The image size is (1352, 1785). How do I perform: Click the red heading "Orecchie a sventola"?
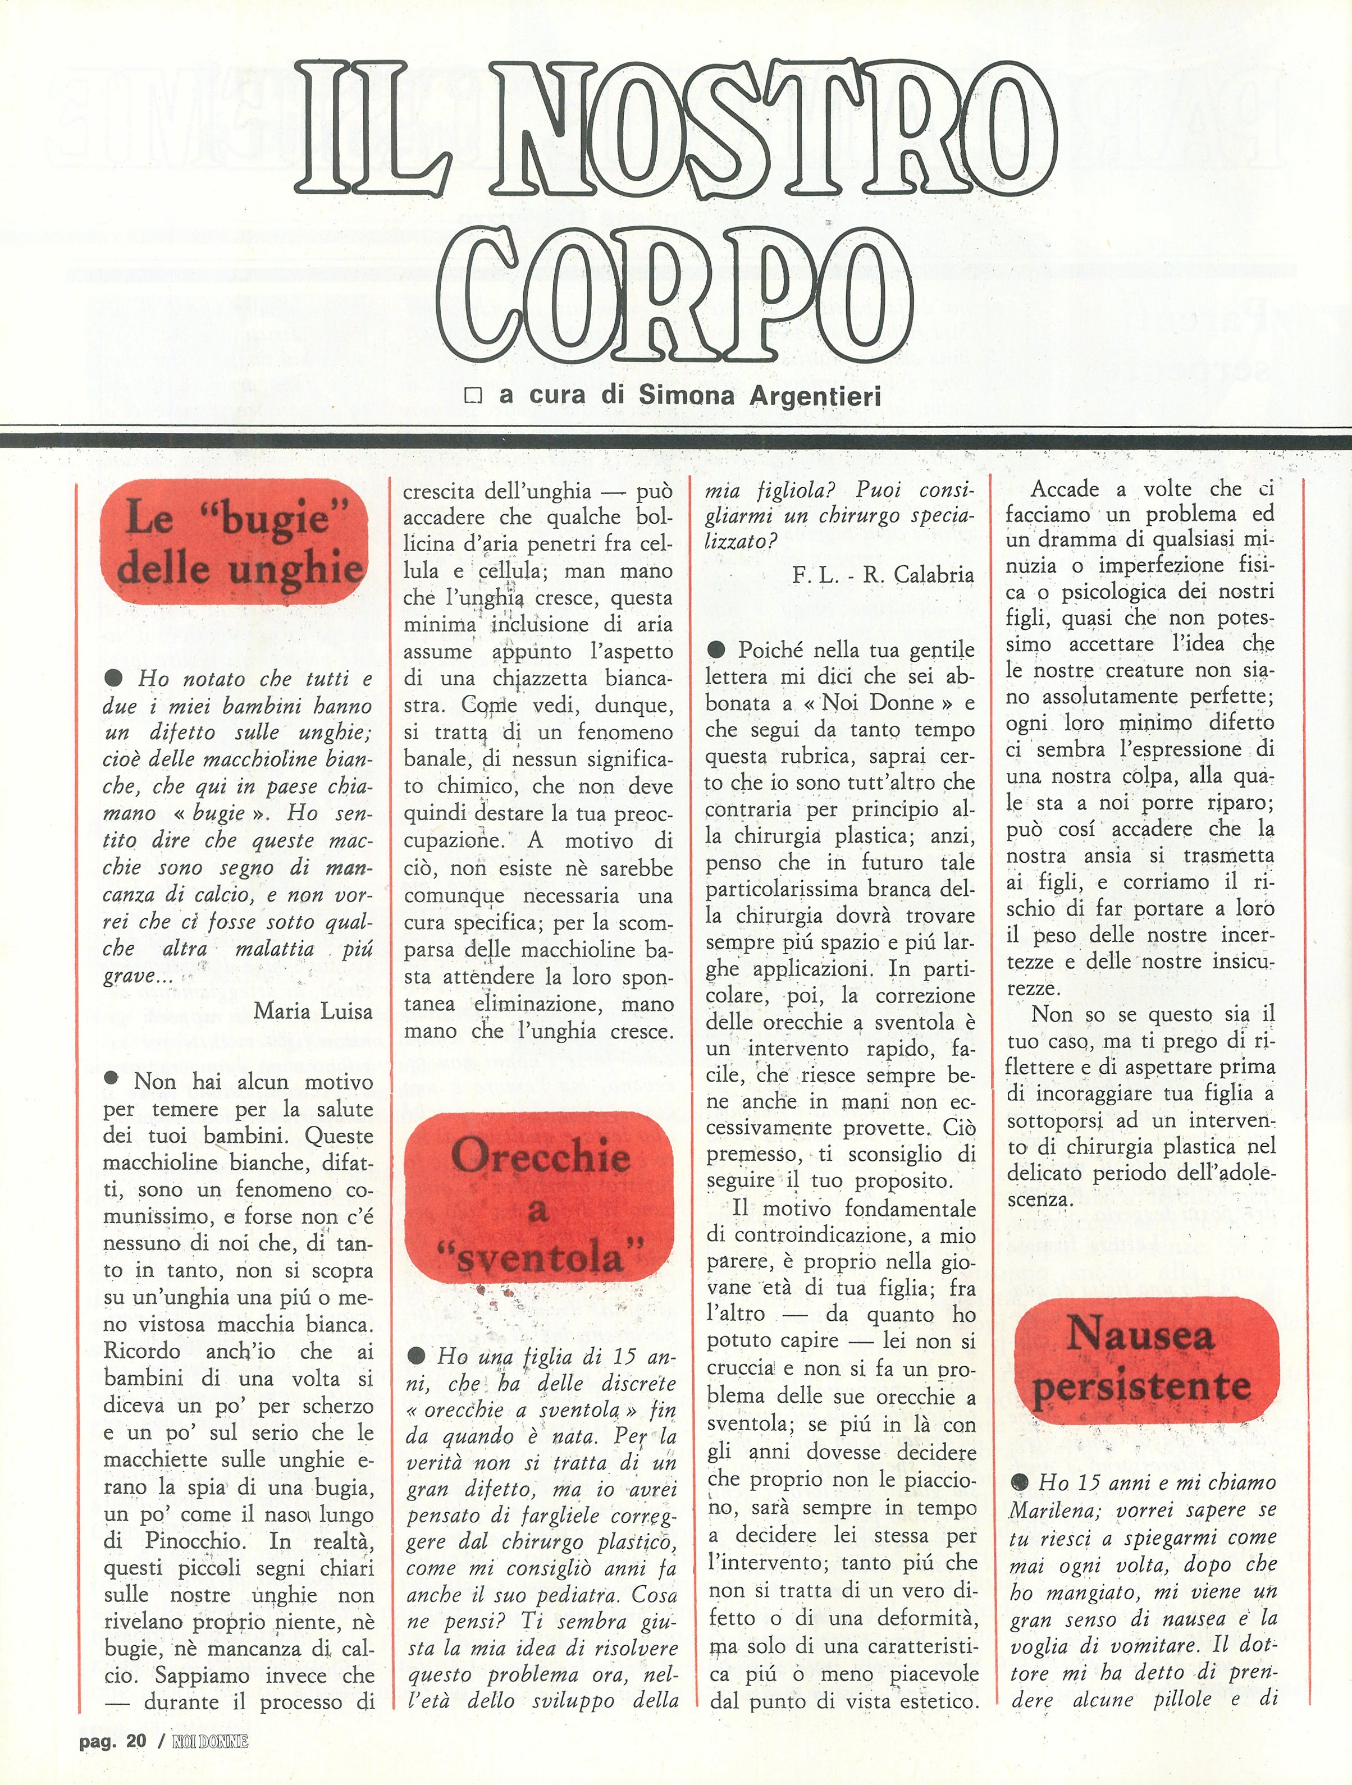pos(538,1208)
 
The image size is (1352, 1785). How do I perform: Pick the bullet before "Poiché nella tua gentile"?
pos(715,649)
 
